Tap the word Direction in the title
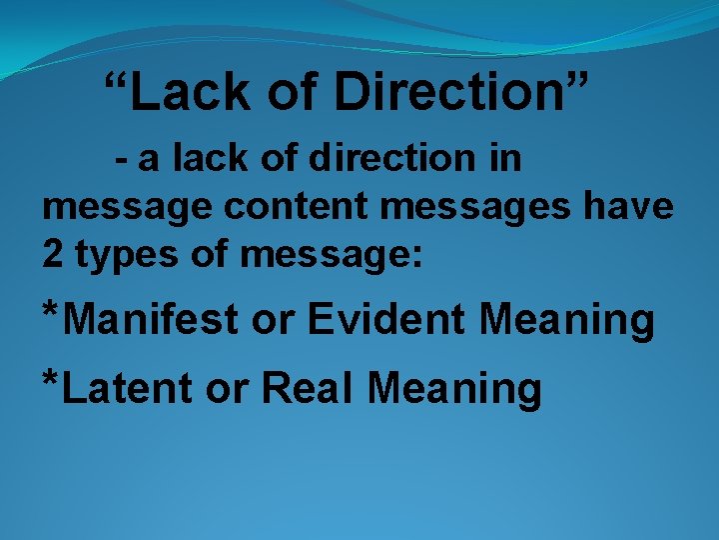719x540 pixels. (451, 92)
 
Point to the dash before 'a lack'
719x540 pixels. (121, 160)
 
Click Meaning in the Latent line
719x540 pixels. (454, 390)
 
